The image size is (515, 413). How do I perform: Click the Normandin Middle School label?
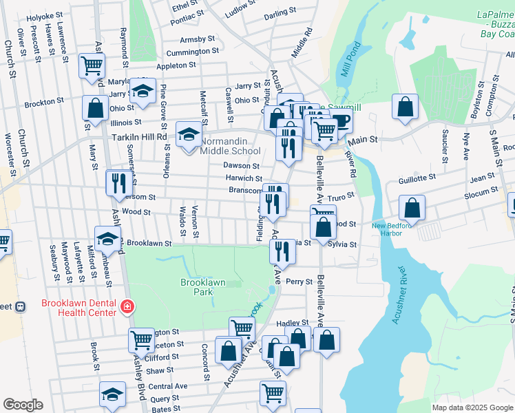[230, 146]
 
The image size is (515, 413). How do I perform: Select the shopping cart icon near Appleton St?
[92, 66]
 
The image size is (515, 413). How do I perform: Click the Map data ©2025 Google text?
[472, 407]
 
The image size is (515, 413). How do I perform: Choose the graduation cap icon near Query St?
[112, 394]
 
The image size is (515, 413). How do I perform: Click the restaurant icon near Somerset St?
[119, 182]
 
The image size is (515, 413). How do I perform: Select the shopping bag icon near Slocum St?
[412, 207]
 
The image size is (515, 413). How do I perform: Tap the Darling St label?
[280, 12]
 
